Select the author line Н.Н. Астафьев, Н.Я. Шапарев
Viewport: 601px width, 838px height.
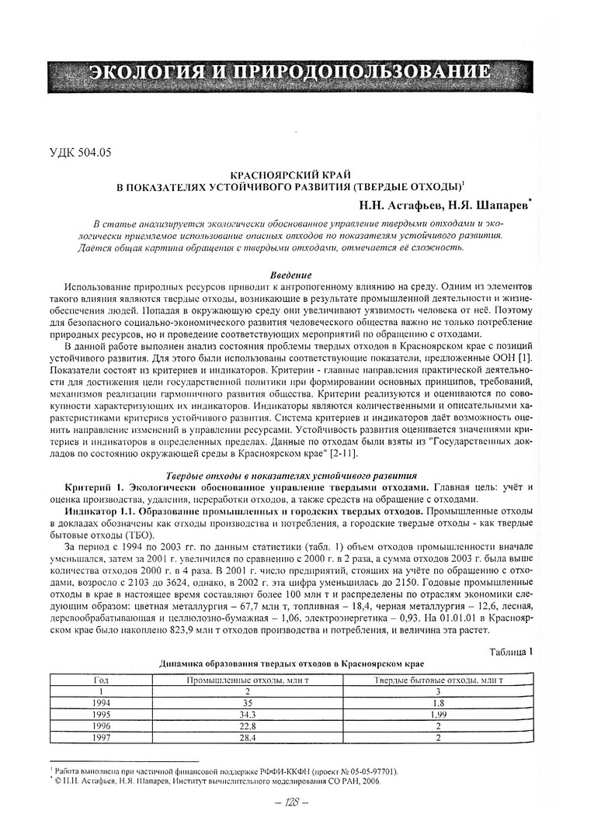pos(443,205)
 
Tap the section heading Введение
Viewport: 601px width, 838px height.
pos(290,275)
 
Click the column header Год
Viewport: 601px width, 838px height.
pos(101,680)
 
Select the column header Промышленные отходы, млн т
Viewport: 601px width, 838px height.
pos(248,680)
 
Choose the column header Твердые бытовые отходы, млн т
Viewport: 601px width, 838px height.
pos(439,680)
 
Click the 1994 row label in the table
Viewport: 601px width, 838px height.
pos(101,702)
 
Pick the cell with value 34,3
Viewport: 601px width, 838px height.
pos(248,714)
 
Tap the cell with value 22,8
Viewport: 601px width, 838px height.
pos(248,725)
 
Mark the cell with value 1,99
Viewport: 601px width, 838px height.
pos(439,714)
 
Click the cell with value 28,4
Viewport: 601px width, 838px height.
pos(248,737)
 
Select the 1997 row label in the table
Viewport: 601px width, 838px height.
pos(101,737)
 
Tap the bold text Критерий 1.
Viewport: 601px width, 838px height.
pos(95,487)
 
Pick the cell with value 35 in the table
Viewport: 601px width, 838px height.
pos(248,702)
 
